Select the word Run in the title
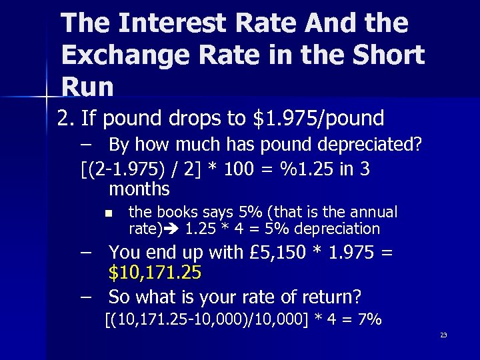point(87,86)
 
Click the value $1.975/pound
point(319,119)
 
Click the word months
point(139,189)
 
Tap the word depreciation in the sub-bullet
point(340,229)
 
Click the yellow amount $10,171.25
point(155,273)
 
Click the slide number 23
point(443,335)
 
